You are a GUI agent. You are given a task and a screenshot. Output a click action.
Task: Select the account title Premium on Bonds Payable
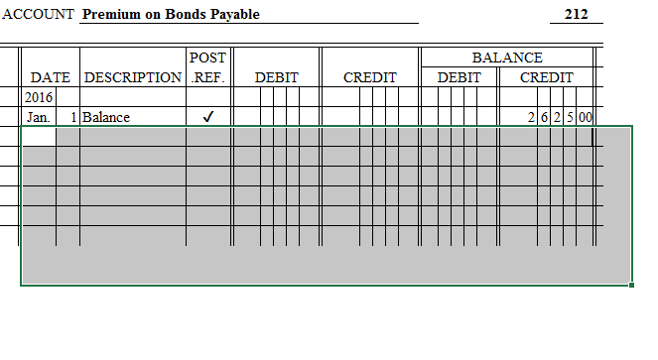171,15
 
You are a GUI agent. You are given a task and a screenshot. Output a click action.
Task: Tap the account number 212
576,15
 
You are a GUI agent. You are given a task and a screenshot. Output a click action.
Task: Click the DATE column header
51,77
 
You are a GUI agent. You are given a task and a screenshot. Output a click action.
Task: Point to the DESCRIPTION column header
133,77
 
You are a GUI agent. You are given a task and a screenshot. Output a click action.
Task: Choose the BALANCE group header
507,59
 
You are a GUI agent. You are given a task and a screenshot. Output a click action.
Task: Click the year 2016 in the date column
38,97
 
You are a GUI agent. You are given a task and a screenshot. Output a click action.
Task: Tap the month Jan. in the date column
38,117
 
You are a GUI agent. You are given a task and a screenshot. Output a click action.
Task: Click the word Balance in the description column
106,117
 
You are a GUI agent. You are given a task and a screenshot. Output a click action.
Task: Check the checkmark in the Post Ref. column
207,117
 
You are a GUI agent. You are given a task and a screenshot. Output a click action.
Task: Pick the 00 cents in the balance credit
586,117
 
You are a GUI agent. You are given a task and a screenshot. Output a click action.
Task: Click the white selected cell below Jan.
39,138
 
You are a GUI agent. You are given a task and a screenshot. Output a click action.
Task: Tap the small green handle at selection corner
632,286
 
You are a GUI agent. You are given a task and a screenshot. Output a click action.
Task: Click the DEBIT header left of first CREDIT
277,77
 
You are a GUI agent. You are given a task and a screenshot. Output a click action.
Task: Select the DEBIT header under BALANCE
460,77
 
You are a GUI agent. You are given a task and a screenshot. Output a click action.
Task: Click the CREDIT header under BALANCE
547,77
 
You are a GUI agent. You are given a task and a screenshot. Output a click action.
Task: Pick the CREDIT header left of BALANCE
370,77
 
